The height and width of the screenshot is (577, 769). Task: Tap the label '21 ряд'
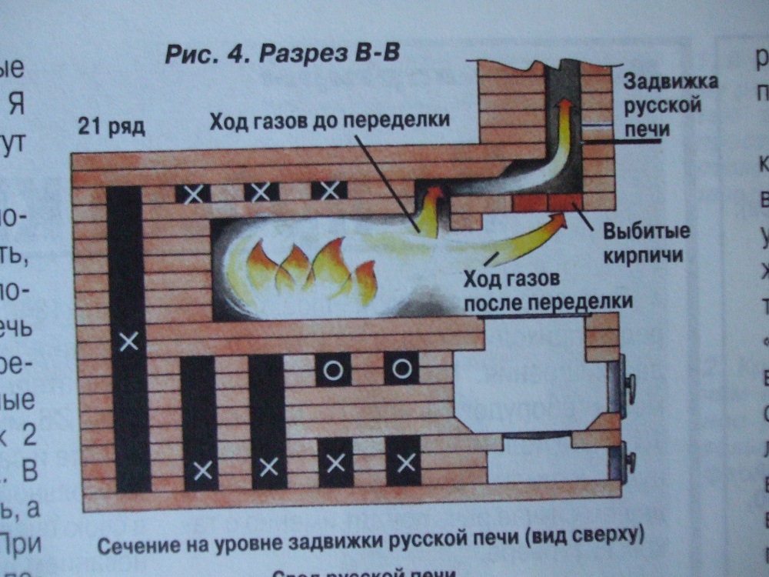click(x=111, y=126)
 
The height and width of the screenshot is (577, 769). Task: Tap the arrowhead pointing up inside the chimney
click(x=564, y=105)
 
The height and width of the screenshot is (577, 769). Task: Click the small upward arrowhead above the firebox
click(x=435, y=193)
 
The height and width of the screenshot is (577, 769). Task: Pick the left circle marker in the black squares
click(x=332, y=370)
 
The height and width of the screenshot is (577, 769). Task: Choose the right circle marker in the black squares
click(x=400, y=369)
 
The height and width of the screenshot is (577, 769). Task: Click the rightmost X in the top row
click(x=329, y=191)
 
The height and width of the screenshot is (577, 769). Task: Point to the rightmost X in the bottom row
click(x=405, y=463)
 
